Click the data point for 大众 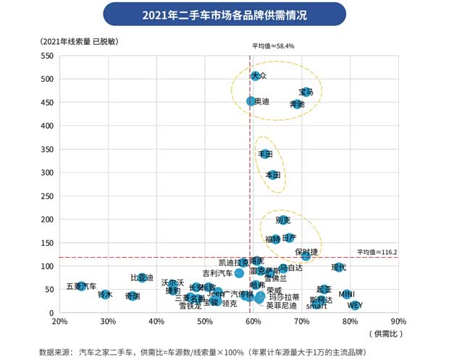255,75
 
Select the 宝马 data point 308,92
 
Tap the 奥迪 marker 251,101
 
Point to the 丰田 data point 266,154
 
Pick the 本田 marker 273,175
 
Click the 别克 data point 282,220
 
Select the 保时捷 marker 306,256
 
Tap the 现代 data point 338,267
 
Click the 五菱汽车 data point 82,287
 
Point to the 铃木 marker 105,295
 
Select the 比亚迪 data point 142,278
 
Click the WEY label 355,306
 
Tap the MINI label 346,294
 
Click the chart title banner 224,13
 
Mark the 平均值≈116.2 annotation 377,252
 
